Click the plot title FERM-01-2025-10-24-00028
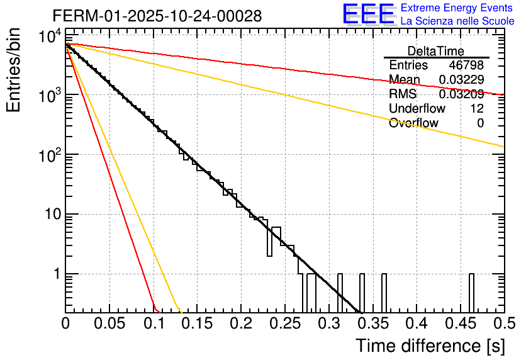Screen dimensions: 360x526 157,15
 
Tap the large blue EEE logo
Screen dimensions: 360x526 368,15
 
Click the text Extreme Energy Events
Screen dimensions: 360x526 457,8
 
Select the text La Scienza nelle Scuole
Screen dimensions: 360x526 457,21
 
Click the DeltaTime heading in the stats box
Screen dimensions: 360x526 436,51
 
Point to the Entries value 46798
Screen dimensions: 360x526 466,65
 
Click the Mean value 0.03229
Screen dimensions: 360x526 461,80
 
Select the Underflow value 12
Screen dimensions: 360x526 476,109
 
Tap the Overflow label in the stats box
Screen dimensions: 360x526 413,123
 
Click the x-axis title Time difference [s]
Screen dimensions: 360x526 429,346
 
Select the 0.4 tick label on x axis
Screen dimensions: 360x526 415,324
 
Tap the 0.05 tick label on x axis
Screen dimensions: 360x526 109,324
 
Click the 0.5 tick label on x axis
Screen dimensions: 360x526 502,324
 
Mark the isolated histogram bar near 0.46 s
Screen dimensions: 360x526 471,293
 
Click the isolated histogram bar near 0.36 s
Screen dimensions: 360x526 384,293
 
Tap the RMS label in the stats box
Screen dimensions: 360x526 402,94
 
